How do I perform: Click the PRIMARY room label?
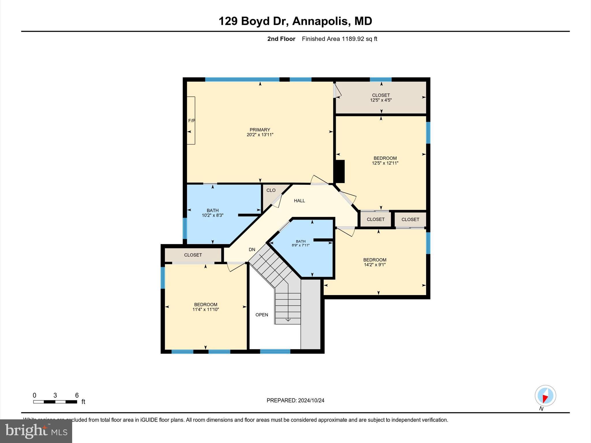tap(260, 130)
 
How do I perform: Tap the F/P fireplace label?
tap(191, 121)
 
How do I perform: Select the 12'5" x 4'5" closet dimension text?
tap(381, 100)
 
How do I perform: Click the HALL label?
tap(299, 201)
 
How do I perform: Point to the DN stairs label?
tap(252, 249)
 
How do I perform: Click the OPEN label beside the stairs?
tap(262, 315)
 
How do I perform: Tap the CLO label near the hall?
tap(271, 190)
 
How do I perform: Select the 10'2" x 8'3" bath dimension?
tap(212, 215)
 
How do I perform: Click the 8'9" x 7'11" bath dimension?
tap(300, 245)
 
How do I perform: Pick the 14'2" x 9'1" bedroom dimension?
tap(375, 264)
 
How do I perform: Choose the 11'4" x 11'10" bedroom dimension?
tap(205, 309)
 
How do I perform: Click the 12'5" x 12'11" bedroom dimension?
tap(385, 163)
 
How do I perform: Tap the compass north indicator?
tap(545, 396)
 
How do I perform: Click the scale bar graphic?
tap(55, 402)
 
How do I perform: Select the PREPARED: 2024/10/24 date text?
tap(295, 400)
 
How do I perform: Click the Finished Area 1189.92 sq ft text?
tap(339, 39)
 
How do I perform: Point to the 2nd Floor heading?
tap(281, 39)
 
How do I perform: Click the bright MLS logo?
tap(36, 431)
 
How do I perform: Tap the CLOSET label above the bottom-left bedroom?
tap(193, 255)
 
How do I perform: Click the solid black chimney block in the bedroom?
tap(340, 171)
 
